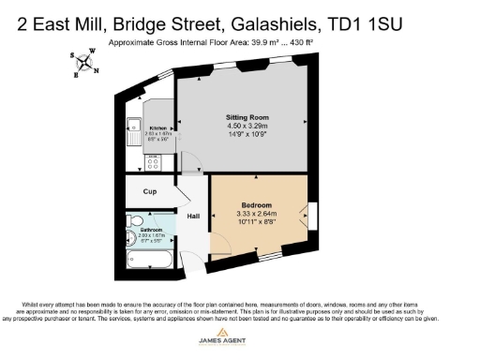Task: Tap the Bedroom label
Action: pyautogui.click(x=256, y=205)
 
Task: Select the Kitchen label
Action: pyautogui.click(x=157, y=127)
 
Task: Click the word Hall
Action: pyautogui.click(x=193, y=217)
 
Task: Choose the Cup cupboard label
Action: pyautogui.click(x=149, y=192)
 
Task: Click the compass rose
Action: pyautogui.click(x=86, y=64)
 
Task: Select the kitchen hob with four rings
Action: pyautogui.click(x=154, y=162)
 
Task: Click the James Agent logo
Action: pyautogui.click(x=240, y=340)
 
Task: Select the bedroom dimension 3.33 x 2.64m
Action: pyautogui.click(x=256, y=215)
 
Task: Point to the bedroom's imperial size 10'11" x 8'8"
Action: pyautogui.click(x=256, y=224)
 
